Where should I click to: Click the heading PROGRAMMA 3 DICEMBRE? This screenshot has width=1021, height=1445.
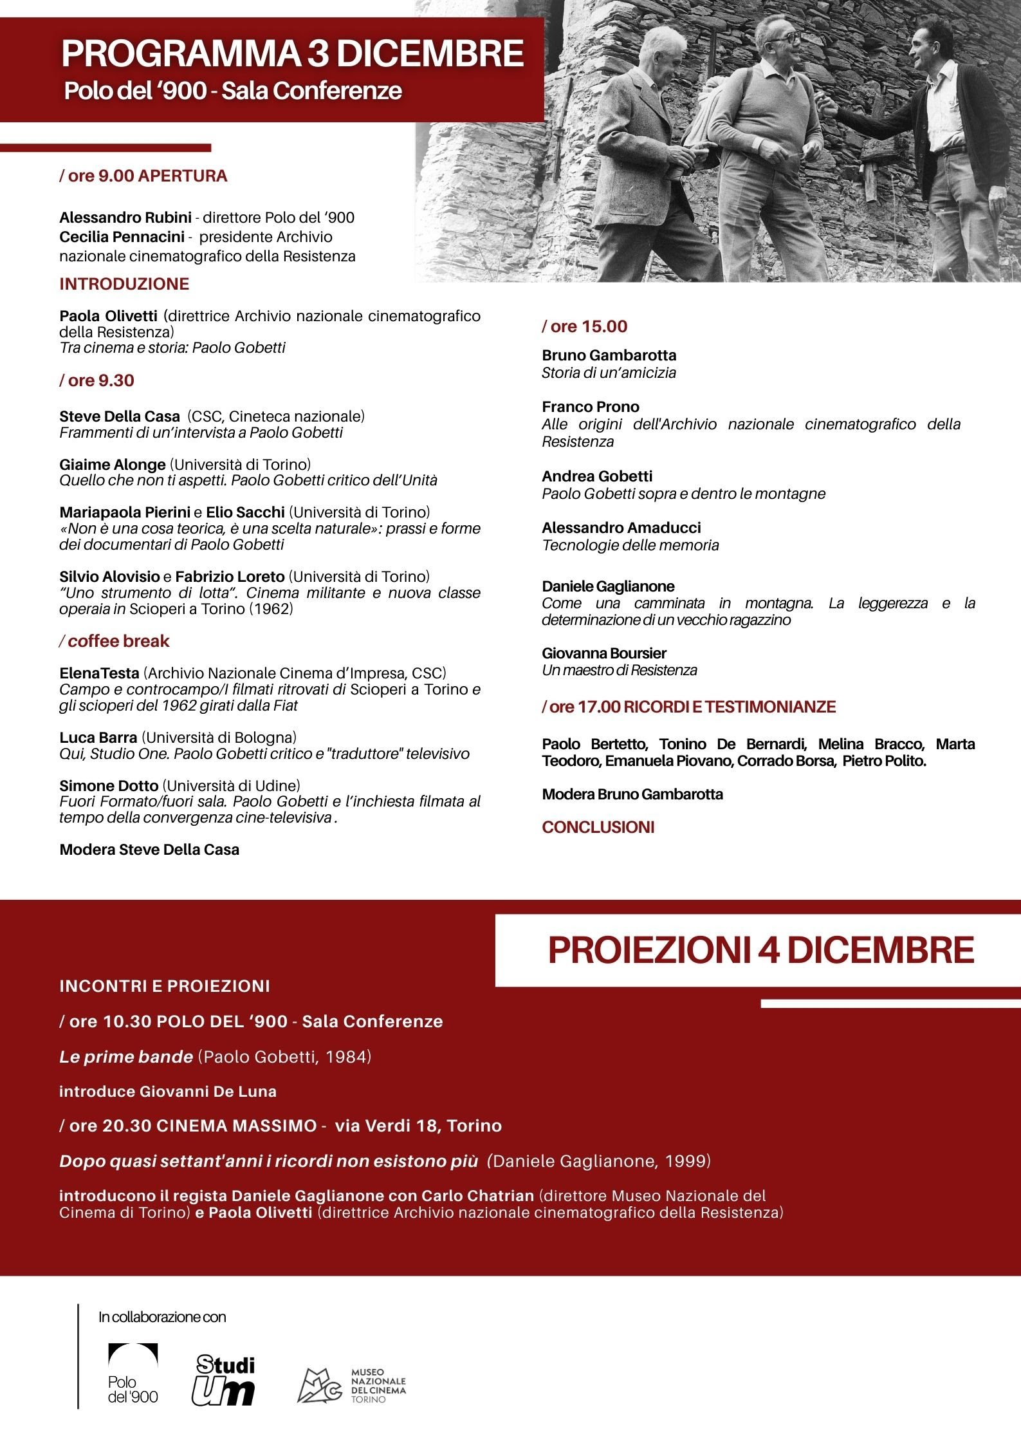click(x=293, y=53)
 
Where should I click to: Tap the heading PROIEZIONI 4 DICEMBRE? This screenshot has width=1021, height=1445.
click(x=761, y=950)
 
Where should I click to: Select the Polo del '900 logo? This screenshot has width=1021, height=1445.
click(x=133, y=1374)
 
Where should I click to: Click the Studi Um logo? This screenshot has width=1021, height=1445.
click(x=225, y=1380)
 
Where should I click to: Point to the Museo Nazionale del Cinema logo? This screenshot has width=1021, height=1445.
click(x=351, y=1386)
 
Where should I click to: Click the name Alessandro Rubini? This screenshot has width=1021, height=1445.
click(x=125, y=218)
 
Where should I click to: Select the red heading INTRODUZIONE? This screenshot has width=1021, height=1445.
click(x=124, y=284)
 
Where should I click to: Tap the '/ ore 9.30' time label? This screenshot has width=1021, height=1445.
click(x=97, y=380)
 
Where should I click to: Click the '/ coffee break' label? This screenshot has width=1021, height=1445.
click(x=114, y=641)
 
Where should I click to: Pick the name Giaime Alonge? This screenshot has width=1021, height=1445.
click(x=113, y=464)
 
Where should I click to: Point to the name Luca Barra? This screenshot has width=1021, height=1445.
click(x=98, y=737)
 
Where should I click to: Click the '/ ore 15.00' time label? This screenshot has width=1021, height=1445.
click(x=584, y=326)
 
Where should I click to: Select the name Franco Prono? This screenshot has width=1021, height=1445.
click(x=591, y=407)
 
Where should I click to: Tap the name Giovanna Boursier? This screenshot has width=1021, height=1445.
click(x=604, y=653)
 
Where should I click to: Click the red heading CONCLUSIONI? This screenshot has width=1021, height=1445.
click(x=598, y=827)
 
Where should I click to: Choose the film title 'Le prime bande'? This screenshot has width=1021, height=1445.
click(x=126, y=1057)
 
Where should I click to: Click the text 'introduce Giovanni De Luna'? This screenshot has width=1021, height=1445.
click(x=168, y=1092)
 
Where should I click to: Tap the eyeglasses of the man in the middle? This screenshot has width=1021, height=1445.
click(x=787, y=38)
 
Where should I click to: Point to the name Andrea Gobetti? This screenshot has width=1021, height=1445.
click(x=597, y=476)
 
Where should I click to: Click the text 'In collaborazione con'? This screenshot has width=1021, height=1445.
click(x=162, y=1317)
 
